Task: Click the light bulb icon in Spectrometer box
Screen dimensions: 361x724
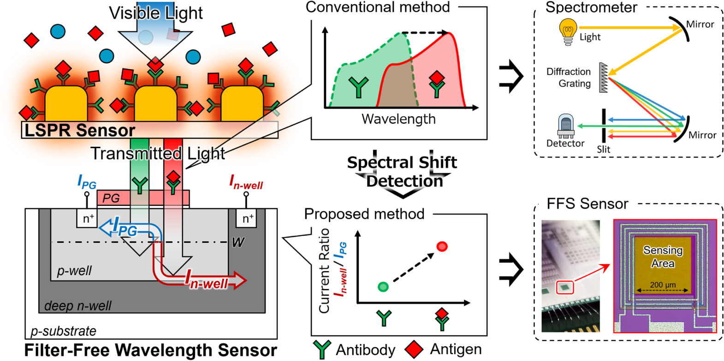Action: [568, 31]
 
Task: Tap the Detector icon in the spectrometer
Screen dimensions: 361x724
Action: [565, 126]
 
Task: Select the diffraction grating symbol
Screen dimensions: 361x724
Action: [603, 78]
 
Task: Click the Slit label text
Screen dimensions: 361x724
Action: [603, 150]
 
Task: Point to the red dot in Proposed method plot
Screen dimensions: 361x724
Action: [442, 247]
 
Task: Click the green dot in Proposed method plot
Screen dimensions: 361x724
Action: [383, 287]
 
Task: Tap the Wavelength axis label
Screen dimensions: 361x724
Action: [398, 119]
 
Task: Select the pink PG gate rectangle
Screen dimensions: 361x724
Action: [143, 198]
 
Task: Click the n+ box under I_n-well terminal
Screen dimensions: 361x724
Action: [248, 218]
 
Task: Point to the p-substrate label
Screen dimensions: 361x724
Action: [63, 331]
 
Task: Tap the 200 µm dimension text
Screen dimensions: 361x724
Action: [663, 285]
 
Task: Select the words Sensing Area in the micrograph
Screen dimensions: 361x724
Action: [663, 257]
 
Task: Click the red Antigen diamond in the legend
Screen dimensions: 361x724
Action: [414, 349]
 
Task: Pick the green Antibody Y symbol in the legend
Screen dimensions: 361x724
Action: [321, 349]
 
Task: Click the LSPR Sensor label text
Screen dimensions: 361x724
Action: [79, 130]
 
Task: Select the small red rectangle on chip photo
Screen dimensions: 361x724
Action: [564, 288]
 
